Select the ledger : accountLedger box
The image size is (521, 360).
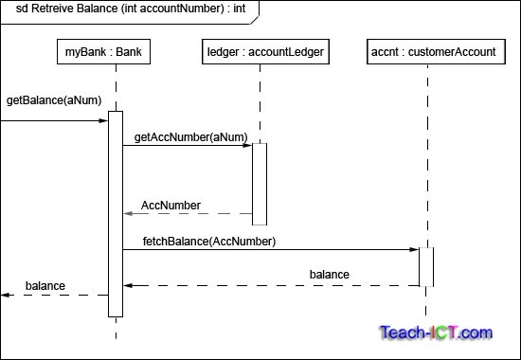(267, 52)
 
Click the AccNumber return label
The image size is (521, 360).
(171, 206)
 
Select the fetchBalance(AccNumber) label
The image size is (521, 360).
(208, 242)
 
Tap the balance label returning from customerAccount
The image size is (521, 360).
(329, 276)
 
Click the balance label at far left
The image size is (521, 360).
(45, 285)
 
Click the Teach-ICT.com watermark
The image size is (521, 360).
(436, 333)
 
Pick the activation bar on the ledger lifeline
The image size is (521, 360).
(260, 184)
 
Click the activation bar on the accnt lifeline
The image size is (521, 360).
(426, 266)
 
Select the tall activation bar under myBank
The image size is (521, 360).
(116, 213)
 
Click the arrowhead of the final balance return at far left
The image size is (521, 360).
(6, 295)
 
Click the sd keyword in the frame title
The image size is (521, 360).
(22, 9)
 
